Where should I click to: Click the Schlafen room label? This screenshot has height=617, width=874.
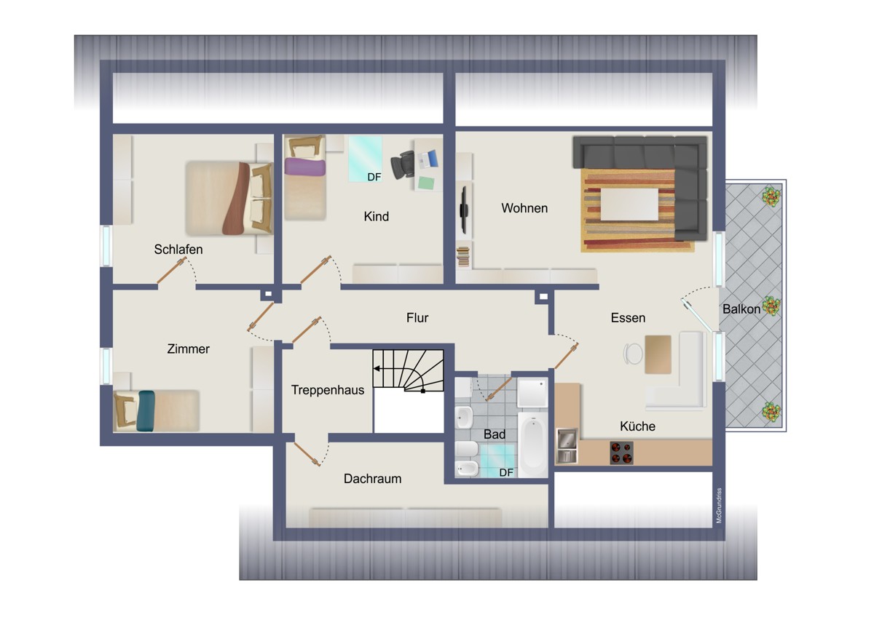coord(178,250)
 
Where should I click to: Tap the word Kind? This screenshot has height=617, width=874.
coord(376,216)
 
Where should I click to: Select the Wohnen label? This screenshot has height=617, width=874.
coord(524,208)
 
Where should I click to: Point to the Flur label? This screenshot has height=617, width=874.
coord(417,318)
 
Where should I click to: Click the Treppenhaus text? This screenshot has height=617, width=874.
coord(328,390)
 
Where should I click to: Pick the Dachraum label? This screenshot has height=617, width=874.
coord(372,479)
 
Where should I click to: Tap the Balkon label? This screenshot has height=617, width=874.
coord(741,309)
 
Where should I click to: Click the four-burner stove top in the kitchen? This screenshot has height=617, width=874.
coord(621,453)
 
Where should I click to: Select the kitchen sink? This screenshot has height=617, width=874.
coord(567,445)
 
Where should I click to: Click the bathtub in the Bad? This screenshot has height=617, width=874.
coord(532,445)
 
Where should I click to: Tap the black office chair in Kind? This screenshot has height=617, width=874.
coord(403,165)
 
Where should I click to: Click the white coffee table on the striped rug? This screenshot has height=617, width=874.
coord(629,204)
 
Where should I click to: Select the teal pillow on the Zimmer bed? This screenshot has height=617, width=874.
coord(146,411)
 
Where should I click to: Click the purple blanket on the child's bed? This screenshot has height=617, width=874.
coord(304,167)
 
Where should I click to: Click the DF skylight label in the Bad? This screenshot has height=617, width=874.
coord(506,473)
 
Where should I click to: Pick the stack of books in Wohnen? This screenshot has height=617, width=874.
coord(463,257)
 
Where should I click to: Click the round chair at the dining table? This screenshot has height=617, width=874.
coord(633,354)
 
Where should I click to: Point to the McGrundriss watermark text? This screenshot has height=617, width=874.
coord(719,506)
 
